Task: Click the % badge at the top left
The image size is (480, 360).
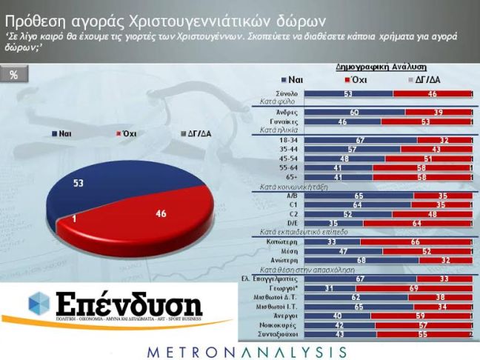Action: click(13, 76)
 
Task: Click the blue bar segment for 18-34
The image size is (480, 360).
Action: click(361, 139)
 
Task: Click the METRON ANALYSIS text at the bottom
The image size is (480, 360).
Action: click(239, 348)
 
